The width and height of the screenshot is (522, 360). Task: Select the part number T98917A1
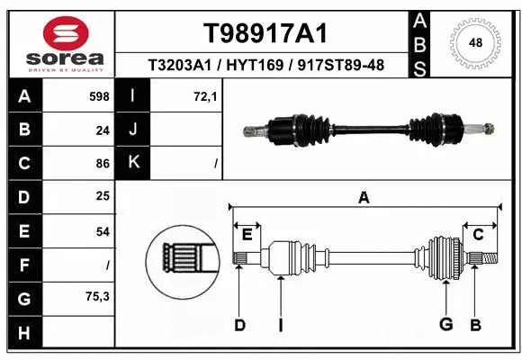coord(265,33)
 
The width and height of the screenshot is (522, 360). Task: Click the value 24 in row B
coord(102,130)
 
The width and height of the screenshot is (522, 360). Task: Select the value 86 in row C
coord(102,164)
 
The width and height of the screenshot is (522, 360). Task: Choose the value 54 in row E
coord(102,231)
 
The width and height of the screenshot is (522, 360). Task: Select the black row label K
coord(133,164)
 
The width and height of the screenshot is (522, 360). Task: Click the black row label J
coord(133,130)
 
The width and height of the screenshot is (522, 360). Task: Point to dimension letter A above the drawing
coord(364,198)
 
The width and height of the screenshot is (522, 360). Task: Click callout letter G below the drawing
coord(444,325)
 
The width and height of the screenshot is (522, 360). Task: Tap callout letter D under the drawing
coord(239,325)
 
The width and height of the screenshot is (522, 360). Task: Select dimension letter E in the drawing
coord(247,235)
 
